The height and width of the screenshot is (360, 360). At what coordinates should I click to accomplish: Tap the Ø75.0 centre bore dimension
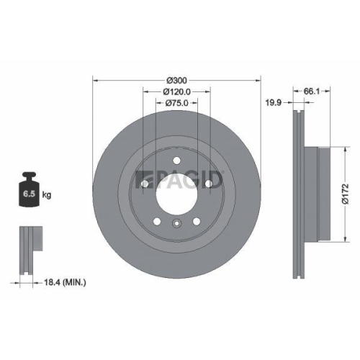click(x=176, y=104)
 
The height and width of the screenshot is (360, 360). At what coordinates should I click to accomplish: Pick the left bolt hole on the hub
click(x=145, y=184)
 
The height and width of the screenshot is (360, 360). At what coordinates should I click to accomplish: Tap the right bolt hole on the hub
click(x=208, y=184)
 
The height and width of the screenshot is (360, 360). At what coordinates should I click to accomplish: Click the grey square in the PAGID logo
click(x=140, y=176)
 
